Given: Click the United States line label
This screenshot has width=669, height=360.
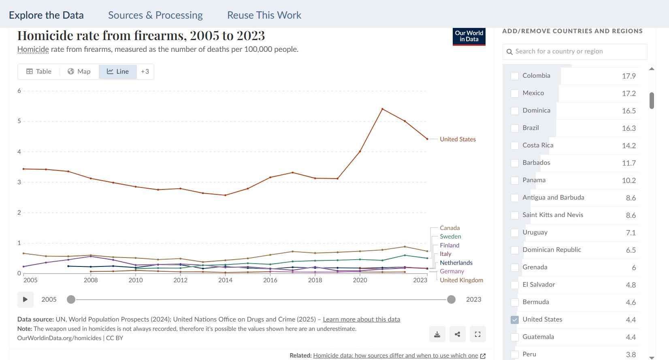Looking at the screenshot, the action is (458, 139).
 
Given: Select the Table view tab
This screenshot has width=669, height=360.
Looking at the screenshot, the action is (39, 71).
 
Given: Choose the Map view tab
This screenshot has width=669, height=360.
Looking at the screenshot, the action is (79, 71).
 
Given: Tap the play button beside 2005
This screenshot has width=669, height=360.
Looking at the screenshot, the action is (26, 299).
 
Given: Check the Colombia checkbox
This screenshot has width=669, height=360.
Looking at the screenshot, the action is (515, 76).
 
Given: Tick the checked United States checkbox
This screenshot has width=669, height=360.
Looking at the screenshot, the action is (515, 320).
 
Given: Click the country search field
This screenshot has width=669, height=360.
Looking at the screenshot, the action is (575, 51).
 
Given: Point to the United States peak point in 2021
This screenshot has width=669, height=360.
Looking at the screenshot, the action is (383, 109).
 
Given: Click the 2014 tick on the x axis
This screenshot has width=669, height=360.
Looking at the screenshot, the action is (225, 280).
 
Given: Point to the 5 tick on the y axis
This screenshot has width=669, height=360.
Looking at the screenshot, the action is (19, 121).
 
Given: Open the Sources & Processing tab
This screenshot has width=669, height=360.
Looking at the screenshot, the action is (156, 15).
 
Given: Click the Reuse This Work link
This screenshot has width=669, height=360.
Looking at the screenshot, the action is (264, 15).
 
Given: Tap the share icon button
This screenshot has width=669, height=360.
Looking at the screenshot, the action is (457, 334).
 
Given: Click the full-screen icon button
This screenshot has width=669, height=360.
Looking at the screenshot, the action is (477, 334).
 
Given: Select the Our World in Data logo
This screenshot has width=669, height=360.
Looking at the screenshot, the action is (469, 36).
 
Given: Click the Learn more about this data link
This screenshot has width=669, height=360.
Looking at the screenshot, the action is (361, 319).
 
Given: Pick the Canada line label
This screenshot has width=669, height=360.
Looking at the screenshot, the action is (450, 228).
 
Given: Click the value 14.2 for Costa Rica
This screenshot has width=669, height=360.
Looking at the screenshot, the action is (629, 145).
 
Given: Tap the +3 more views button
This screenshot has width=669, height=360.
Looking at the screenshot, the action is (145, 71).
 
